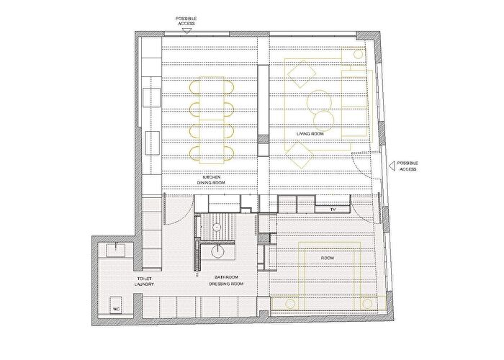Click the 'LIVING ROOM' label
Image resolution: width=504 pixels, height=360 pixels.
(310, 134)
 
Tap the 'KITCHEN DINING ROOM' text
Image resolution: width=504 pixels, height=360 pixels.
(211, 180)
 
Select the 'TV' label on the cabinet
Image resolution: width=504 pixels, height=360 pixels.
(333, 210)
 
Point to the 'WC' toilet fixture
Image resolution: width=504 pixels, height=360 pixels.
(117, 305)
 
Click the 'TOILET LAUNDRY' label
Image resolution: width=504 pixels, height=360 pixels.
(144, 282)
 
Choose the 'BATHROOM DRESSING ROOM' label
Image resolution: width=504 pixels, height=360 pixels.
(226, 280)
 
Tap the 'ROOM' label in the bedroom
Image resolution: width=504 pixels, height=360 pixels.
(327, 258)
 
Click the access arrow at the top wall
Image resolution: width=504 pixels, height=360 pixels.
(186, 31)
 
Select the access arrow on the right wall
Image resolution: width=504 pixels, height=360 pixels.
(392, 166)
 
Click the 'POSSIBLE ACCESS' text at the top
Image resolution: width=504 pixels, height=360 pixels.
(186, 21)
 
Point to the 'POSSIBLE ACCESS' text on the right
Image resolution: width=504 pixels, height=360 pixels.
(408, 166)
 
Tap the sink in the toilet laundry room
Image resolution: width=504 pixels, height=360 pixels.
(115, 250)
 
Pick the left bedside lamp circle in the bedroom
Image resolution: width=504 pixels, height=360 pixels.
(290, 304)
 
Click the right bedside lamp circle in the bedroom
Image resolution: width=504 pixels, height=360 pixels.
(366, 303)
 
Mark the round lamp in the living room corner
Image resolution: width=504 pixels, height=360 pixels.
(358, 54)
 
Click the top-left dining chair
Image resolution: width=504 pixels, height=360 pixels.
(195, 87)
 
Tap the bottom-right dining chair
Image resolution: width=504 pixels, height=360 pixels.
(228, 153)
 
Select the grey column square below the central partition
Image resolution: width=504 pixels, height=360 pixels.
(264, 140)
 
